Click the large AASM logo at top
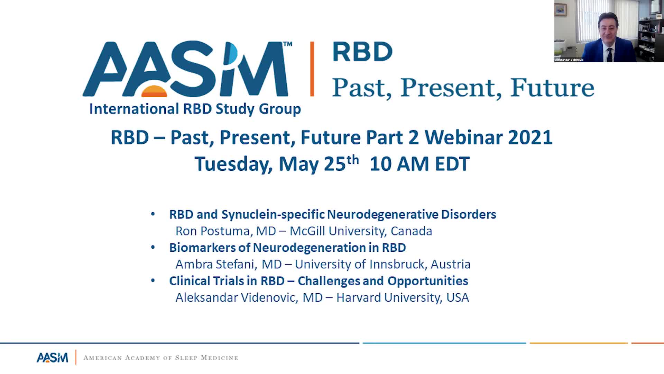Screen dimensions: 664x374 (x=187, y=69)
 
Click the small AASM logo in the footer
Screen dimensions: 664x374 (x=52, y=357)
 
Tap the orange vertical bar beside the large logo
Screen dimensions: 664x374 (x=312, y=69)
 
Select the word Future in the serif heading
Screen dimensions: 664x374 (x=552, y=88)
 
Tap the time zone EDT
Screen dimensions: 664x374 (x=452, y=164)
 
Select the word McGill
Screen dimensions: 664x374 (x=307, y=231)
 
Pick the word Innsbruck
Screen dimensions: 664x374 (x=394, y=264)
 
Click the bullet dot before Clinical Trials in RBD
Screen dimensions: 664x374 (x=153, y=280)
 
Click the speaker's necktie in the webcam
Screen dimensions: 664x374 (x=610, y=55)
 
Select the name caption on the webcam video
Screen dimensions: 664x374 (x=569, y=60)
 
